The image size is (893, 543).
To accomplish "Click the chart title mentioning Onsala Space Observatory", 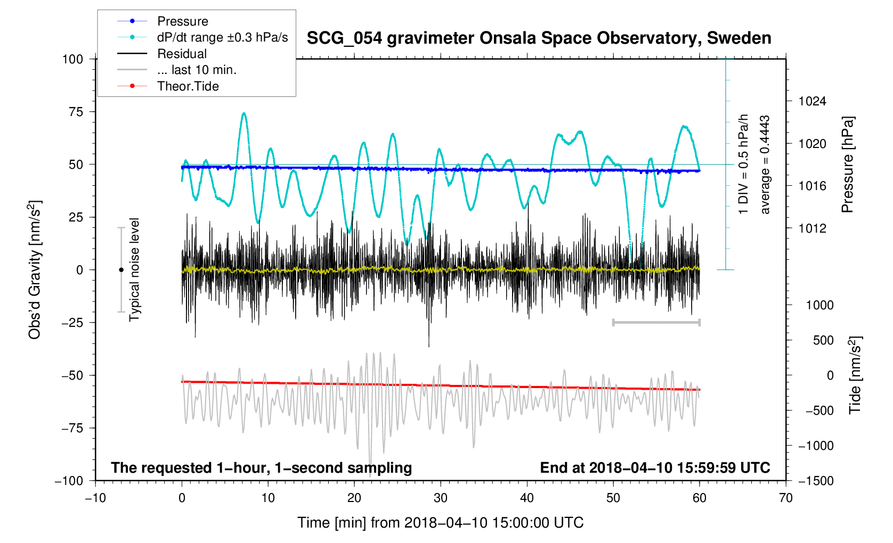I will [539, 38].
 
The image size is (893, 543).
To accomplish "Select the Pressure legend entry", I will [182, 21].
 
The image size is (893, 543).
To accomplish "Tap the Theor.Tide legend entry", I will [188, 86].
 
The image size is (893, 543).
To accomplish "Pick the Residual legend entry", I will [182, 54].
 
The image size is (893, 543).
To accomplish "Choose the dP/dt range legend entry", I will [222, 37].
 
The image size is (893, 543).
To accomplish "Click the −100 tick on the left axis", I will [69, 481].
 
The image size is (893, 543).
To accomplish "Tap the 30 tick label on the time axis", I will [441, 498].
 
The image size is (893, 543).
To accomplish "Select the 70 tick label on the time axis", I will [785, 498].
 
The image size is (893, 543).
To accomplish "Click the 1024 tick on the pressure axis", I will [812, 101].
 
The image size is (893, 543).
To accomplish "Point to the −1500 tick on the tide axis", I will [815, 481].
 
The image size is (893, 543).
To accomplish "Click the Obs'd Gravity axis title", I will [35, 270].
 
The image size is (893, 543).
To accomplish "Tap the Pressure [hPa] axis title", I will [847, 164].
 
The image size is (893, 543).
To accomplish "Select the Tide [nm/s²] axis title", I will [855, 375].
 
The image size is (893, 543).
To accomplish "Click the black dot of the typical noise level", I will [121, 270].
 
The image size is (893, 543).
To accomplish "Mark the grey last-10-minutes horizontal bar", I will [656, 322].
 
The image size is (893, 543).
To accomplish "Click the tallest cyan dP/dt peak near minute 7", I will [243, 113].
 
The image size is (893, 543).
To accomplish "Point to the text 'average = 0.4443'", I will [765, 164].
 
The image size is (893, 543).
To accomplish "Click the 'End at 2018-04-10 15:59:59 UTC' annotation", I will [655, 468].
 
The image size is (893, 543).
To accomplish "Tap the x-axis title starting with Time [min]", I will [440, 523].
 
